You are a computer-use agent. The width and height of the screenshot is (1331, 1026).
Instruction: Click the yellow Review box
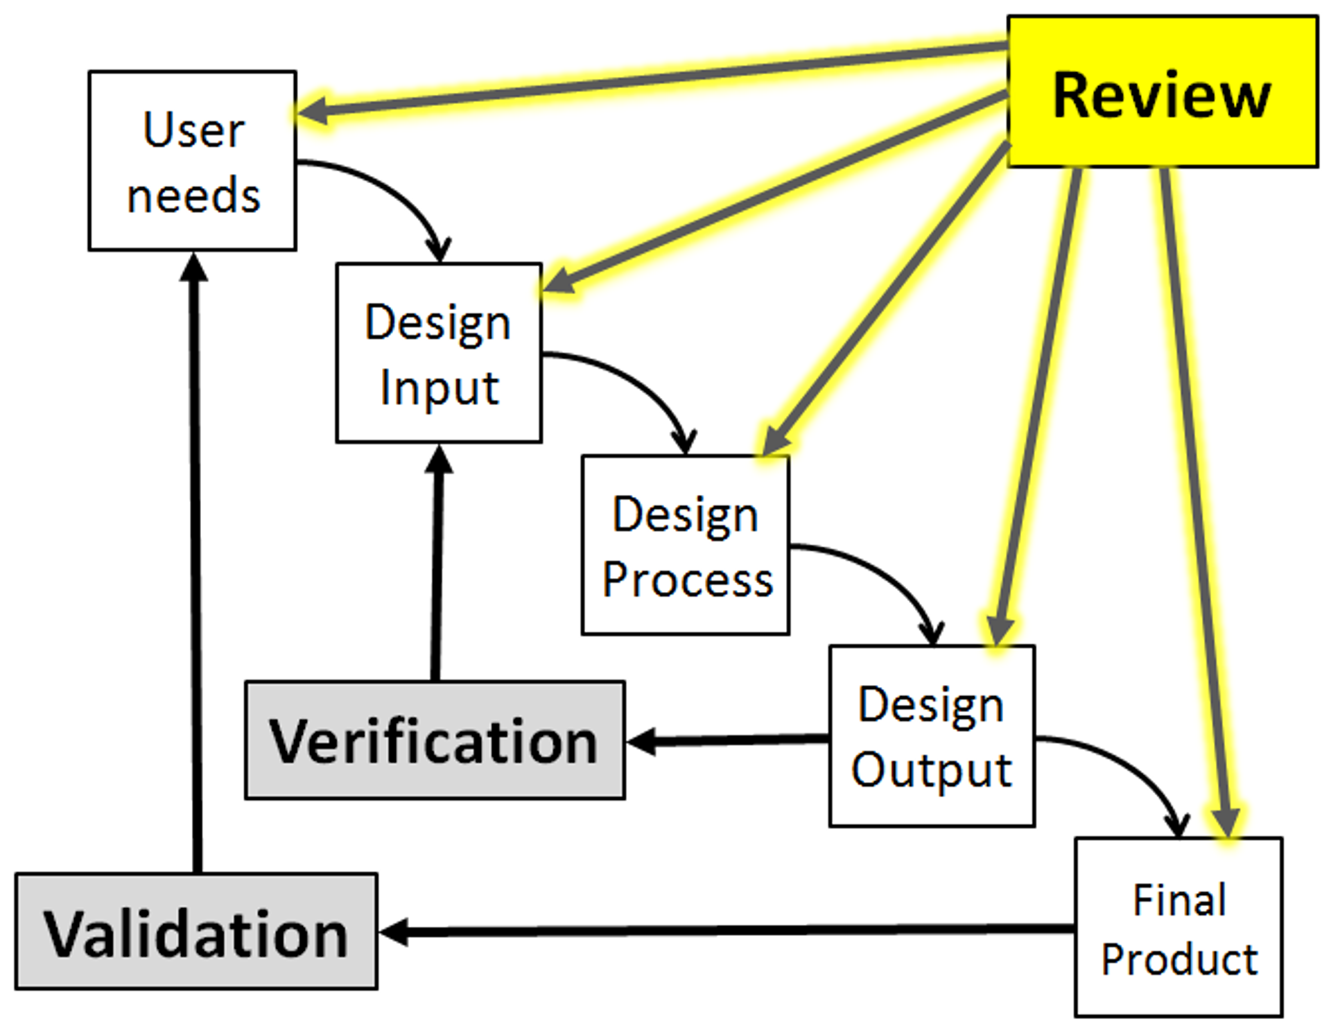1163,92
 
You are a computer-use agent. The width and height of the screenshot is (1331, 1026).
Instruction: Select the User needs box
193,161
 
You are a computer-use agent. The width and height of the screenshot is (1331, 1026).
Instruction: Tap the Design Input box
439,353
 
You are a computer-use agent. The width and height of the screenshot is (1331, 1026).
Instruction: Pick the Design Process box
686,545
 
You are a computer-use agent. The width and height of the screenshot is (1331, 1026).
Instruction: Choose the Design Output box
932,736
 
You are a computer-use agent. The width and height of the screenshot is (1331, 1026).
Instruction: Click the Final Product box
1179,928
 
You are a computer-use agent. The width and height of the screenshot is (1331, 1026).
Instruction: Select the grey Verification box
435,740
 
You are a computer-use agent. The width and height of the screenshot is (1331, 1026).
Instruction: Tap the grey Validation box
196,931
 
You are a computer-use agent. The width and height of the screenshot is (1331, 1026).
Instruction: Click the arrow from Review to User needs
652,78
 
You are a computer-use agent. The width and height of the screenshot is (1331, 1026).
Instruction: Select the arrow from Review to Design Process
885,299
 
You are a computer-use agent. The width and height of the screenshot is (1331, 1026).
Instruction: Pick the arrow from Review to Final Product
1197,503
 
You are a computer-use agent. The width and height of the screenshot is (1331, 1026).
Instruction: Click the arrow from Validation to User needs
195,562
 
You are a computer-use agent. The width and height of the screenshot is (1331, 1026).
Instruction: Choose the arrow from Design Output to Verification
728,740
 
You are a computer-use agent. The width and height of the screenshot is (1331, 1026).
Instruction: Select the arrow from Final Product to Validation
727,930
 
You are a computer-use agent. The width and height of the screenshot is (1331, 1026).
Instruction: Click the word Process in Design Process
687,580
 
